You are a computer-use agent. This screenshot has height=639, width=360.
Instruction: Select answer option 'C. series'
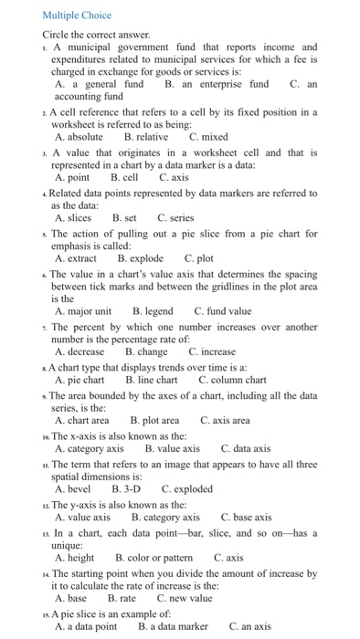(x=176, y=218)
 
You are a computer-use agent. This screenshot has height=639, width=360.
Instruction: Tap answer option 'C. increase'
(x=212, y=351)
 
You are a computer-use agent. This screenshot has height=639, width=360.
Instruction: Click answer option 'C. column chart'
(x=232, y=379)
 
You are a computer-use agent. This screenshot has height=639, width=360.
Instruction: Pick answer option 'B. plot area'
(x=154, y=420)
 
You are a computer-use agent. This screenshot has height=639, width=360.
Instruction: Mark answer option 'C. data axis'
(x=246, y=448)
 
